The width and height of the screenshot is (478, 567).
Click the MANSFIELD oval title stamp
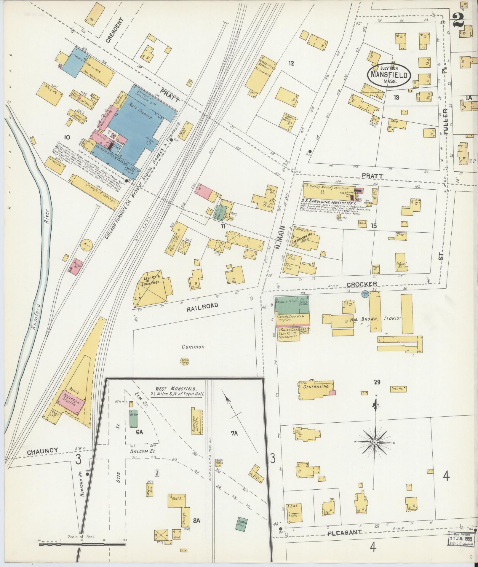point(389,75)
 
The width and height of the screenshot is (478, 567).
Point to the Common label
point(193,346)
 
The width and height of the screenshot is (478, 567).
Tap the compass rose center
point(375,451)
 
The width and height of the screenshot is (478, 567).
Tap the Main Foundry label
point(141,111)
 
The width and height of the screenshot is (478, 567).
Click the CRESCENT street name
point(115,30)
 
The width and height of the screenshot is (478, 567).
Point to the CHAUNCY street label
point(42,459)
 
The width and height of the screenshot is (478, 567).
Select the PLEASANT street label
point(345,533)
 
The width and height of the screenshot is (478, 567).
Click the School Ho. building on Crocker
point(401,262)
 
